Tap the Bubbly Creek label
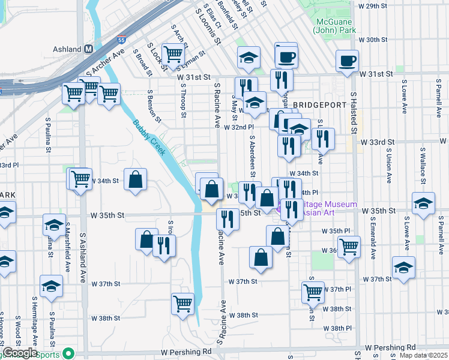click(x=149, y=137)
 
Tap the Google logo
click(x=20, y=353)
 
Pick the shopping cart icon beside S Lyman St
click(x=173, y=54)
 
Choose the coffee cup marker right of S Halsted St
click(x=347, y=61)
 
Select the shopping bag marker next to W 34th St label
click(x=136, y=179)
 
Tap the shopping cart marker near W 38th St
click(x=183, y=303)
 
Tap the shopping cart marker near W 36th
click(x=349, y=245)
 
